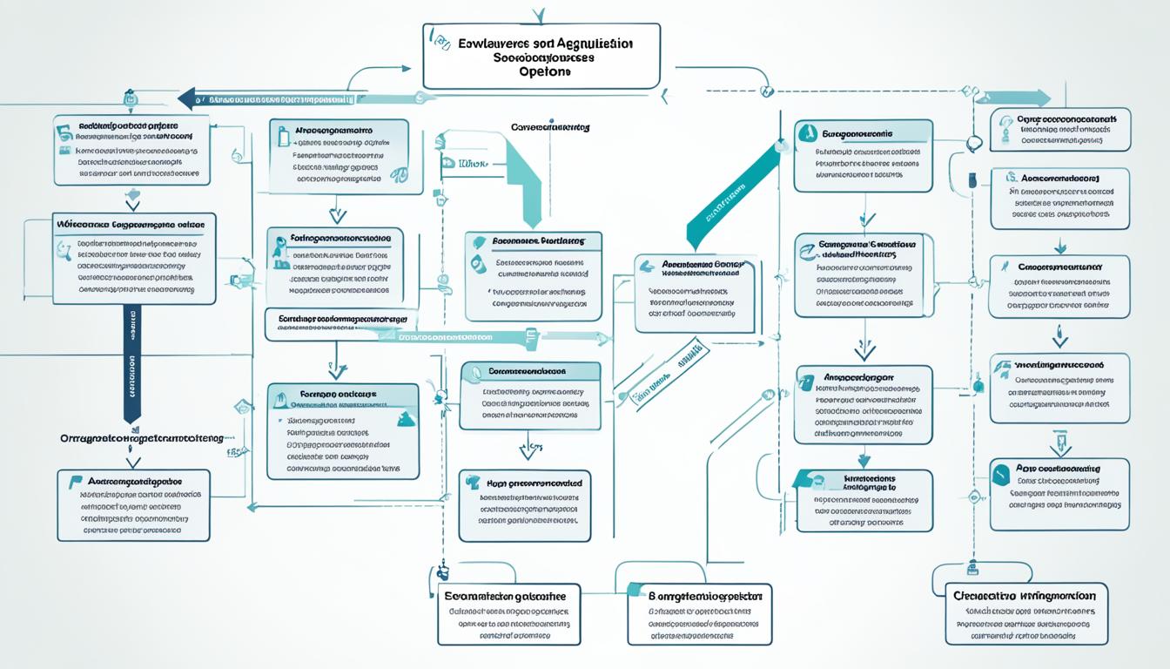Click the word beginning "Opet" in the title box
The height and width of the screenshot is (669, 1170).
pos(541,73)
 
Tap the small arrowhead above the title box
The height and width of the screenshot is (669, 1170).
pos(540,15)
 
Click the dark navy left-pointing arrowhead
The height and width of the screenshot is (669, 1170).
pos(185,98)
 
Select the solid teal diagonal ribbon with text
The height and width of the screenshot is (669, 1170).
pos(731,196)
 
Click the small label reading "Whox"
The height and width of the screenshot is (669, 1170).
pos(470,163)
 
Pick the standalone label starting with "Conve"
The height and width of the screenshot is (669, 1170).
pos(549,127)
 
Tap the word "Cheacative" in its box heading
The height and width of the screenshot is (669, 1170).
pos(985,596)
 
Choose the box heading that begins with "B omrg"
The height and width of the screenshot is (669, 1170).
pos(706,597)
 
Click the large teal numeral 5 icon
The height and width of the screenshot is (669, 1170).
pos(63,132)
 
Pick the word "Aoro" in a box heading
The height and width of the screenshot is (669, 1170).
pos(1030,469)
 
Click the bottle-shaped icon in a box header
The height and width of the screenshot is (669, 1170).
pos(282,136)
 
